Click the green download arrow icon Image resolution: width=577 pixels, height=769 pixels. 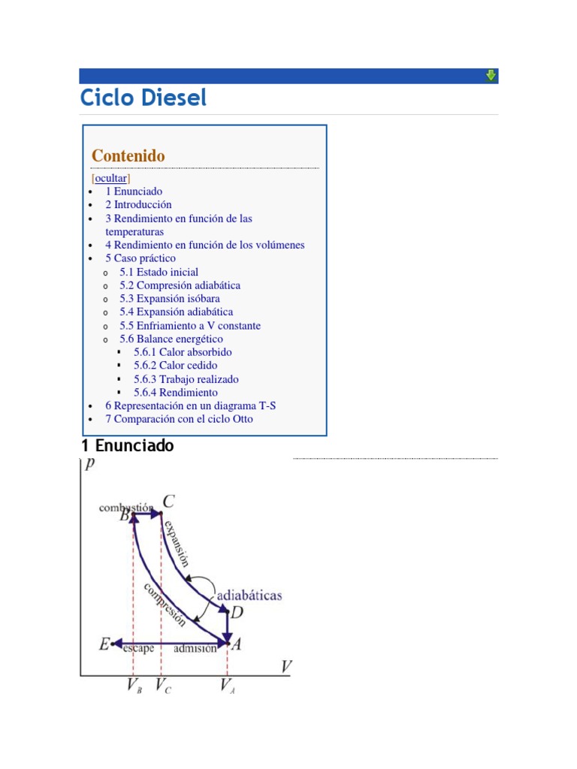pos(491,75)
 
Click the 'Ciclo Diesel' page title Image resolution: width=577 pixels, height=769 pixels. pos(143,98)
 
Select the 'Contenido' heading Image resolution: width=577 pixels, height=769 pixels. pos(128,155)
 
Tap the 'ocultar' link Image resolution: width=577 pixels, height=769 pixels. pos(110,179)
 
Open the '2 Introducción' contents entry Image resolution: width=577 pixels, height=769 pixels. pos(138,204)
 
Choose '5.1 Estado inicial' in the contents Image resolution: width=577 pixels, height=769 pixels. pos(159,272)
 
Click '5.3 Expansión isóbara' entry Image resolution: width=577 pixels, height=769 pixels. pos(169,299)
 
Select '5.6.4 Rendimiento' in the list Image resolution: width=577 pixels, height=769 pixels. pos(176,393)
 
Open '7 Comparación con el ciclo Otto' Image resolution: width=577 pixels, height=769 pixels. pos(179,419)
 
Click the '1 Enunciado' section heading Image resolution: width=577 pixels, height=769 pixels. pos(127,446)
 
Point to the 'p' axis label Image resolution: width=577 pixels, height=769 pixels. pos(90,463)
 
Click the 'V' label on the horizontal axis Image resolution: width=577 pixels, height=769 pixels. pos(286,666)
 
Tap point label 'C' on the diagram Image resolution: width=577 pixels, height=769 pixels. pos(169,502)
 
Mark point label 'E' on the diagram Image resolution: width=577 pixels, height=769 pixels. pos(104,644)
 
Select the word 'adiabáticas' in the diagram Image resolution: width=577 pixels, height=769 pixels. pos(249,595)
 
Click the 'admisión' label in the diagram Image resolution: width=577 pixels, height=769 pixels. pos(195,649)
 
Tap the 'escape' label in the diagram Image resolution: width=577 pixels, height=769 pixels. pos(138,649)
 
